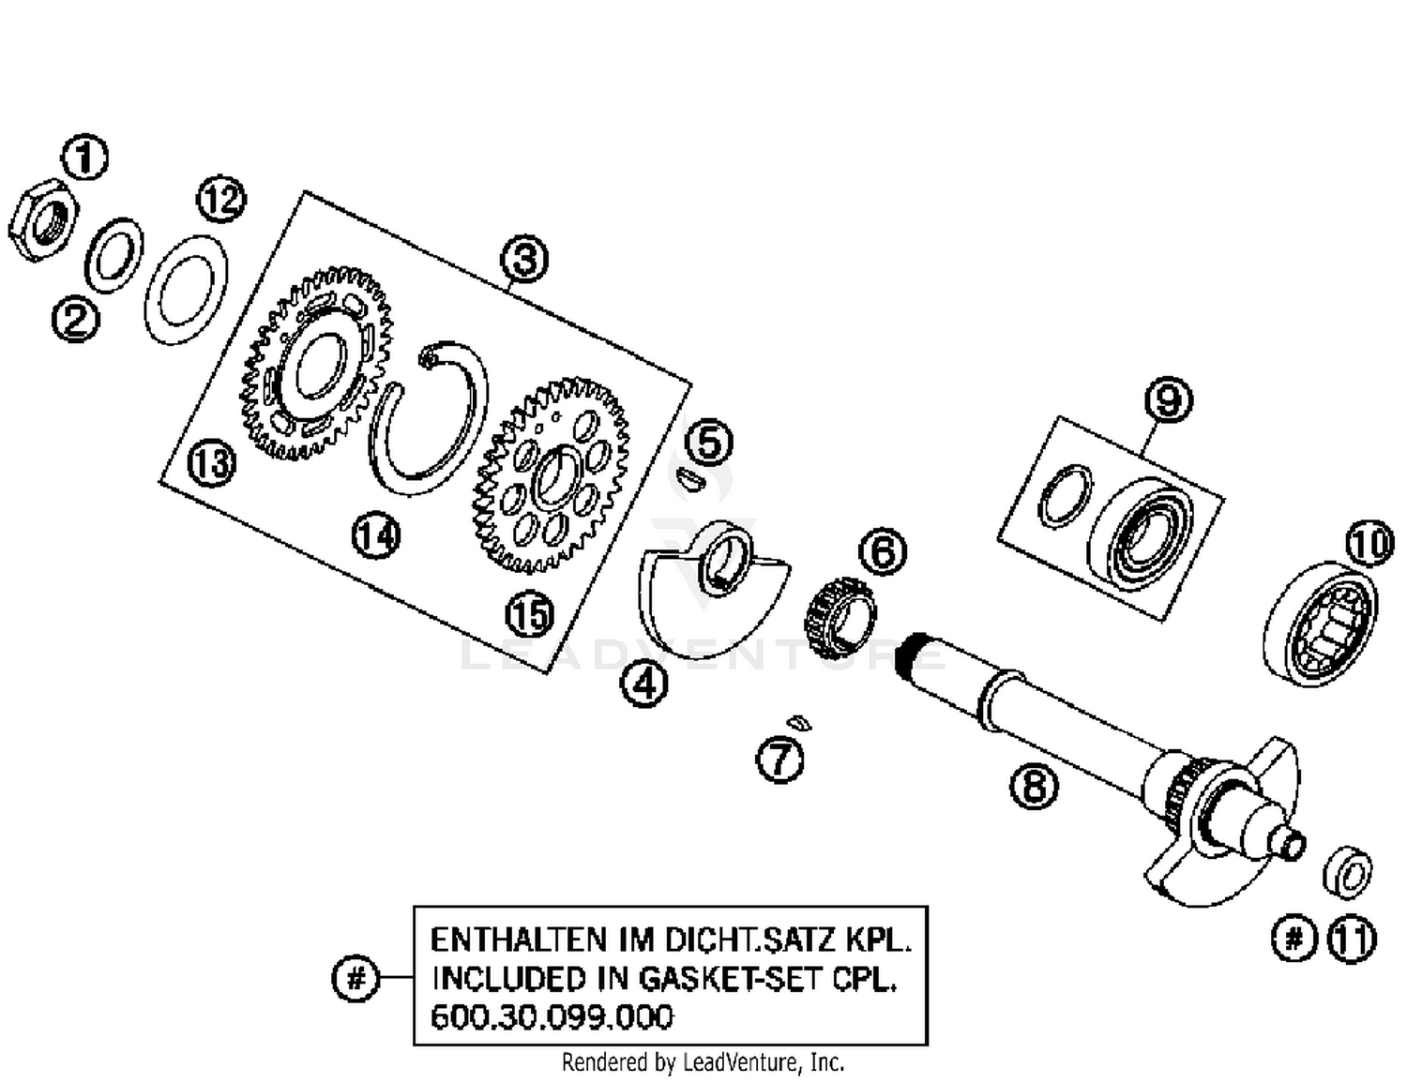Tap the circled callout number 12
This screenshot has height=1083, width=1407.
[x=220, y=200]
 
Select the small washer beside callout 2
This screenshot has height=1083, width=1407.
[x=113, y=256]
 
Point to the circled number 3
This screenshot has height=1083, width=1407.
[x=524, y=259]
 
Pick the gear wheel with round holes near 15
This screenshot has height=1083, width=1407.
[x=552, y=476]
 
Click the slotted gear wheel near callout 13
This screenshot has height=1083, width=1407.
[x=317, y=364]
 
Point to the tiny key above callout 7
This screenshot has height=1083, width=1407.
[x=797, y=723]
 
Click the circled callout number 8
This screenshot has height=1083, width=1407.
[x=1034, y=785]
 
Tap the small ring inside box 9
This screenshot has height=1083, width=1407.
[x=1065, y=495]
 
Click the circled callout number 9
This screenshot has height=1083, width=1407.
[x=1168, y=400]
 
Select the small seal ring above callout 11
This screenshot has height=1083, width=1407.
[x=1348, y=873]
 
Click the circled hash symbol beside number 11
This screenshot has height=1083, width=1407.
[x=1294, y=938]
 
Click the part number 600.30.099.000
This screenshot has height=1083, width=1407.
[x=552, y=1017]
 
